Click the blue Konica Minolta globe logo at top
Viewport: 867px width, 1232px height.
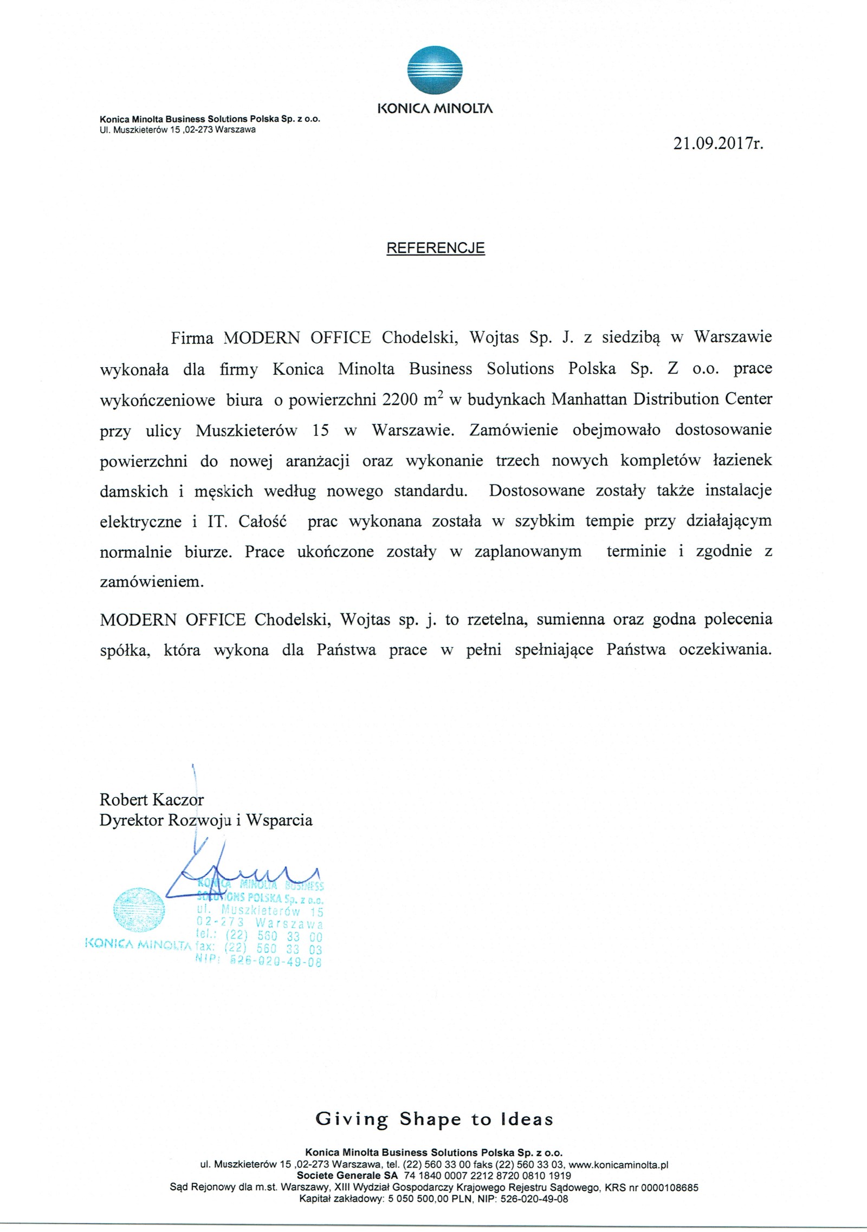[435, 73]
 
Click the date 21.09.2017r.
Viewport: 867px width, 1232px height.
[718, 144]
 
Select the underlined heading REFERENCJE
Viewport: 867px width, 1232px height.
[435, 248]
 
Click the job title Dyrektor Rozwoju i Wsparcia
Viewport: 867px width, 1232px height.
[206, 820]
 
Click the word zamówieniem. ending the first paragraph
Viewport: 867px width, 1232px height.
[152, 582]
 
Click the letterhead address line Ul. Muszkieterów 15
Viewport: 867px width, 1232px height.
[178, 130]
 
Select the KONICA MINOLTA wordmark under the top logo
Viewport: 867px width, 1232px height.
[435, 109]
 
